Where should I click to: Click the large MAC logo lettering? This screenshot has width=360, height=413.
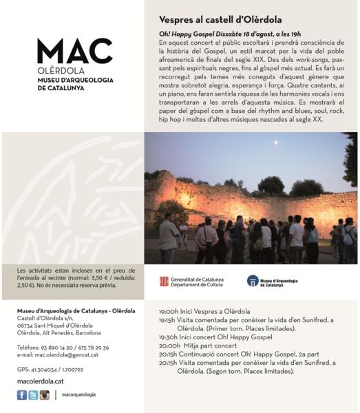[74, 52]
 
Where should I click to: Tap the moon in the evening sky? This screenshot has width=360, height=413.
[276, 143]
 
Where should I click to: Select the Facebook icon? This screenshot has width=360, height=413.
[21, 394]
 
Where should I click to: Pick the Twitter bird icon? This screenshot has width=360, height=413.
[32, 394]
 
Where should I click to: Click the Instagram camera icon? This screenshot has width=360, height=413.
[44, 394]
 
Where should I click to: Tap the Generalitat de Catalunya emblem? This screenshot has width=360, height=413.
[165, 281]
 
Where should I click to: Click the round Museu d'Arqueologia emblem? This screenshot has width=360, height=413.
[253, 281]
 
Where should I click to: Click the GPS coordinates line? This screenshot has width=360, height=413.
[49, 370]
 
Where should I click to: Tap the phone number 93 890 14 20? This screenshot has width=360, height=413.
[58, 348]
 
